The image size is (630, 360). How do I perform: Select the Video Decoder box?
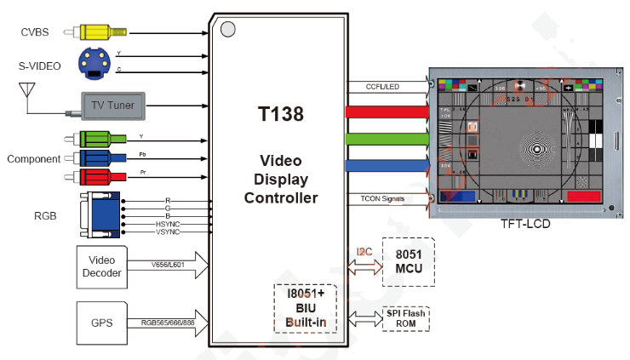(x=101, y=265)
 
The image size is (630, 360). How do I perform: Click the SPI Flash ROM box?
(x=405, y=319)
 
